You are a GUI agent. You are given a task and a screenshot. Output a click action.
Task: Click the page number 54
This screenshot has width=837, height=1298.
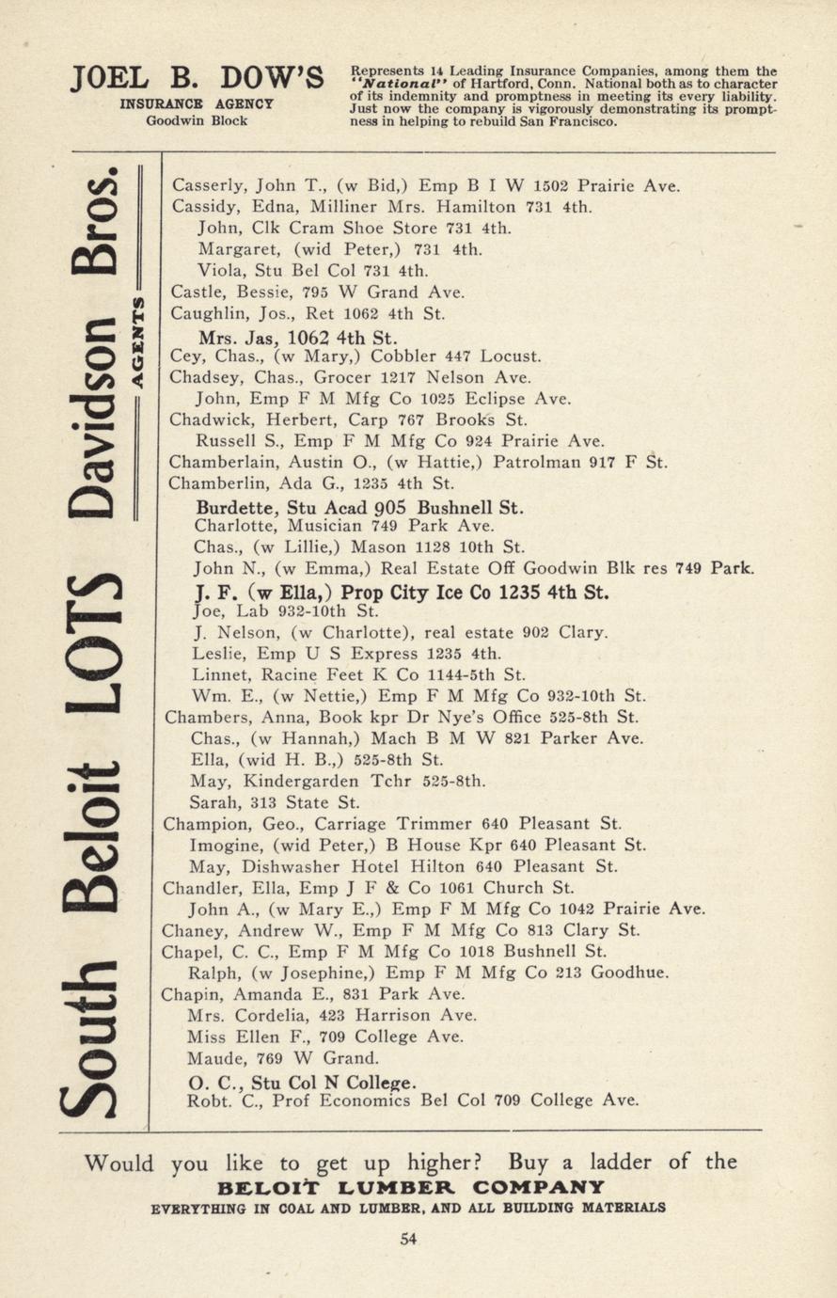pos(408,1239)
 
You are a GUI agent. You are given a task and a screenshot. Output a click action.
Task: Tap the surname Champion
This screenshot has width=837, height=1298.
pos(201,824)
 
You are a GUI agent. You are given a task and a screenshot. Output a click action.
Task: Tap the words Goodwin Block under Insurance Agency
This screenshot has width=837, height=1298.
pos(197,120)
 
